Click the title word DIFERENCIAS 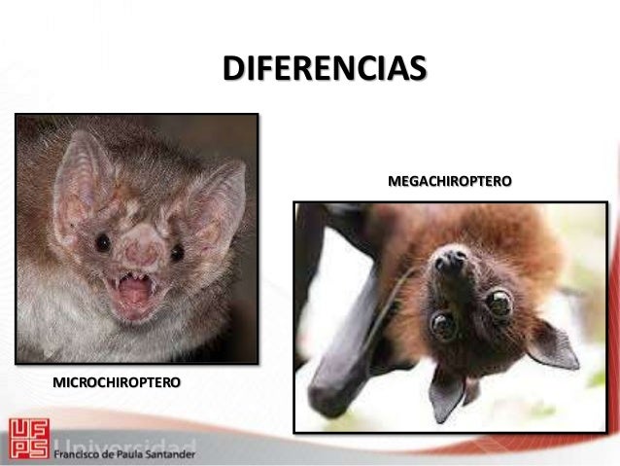pyautogui.click(x=324, y=70)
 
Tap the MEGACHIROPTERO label pyautogui.click(x=450, y=181)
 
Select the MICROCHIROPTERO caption pyautogui.click(x=117, y=382)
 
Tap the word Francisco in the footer pyautogui.click(x=79, y=454)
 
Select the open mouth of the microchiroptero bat pyautogui.click(x=135, y=293)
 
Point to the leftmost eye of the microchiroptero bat pyautogui.click(x=102, y=243)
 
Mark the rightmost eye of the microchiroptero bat pyautogui.click(x=177, y=252)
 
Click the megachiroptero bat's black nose pyautogui.click(x=449, y=260)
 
